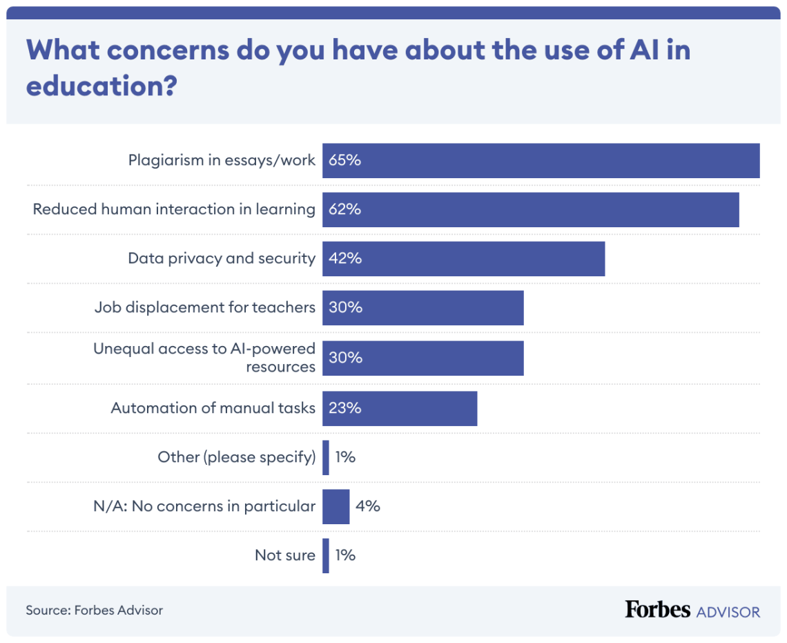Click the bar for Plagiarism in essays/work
tap(541, 161)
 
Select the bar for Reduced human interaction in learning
tap(530, 210)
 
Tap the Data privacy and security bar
tap(463, 259)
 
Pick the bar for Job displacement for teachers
tap(422, 308)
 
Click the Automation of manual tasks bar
tap(399, 408)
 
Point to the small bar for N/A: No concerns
tap(336, 506)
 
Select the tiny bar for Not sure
tap(326, 555)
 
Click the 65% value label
tap(345, 161)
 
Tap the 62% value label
tap(345, 210)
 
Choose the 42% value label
tap(345, 259)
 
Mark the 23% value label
tap(345, 408)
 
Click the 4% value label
tap(367, 506)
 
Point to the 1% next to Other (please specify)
tap(345, 457)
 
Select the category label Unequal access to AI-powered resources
tap(204, 358)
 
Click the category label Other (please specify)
tap(236, 457)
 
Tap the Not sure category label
tap(284, 555)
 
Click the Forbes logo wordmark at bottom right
tap(657, 610)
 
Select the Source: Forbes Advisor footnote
tap(95, 611)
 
